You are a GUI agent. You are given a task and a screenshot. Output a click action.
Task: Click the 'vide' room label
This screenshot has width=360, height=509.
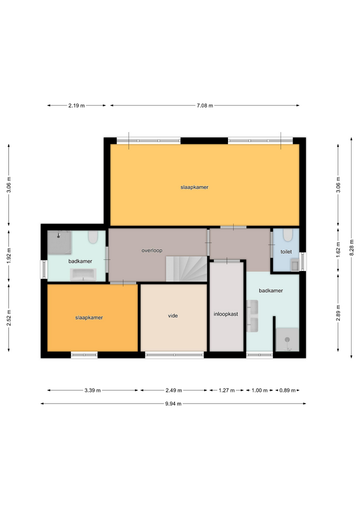pos(173,315)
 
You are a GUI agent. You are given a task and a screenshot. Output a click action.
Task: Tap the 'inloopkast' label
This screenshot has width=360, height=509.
pos(226,314)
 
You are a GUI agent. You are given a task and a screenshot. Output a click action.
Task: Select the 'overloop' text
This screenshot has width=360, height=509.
pos(152,250)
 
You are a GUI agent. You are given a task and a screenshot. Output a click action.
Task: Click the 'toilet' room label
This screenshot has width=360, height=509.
pos(286,251)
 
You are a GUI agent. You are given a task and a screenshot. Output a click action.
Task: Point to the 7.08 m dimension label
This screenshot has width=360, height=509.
pos(205,106)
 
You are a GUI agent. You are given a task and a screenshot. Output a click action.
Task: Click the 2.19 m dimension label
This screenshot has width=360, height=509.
pos(76,106)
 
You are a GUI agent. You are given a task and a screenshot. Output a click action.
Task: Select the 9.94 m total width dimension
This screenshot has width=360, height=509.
pos(173,403)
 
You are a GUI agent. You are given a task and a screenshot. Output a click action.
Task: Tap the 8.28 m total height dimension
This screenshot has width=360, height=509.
pos(351,248)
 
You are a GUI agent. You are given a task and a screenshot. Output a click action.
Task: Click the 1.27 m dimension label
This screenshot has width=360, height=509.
pos(226,390)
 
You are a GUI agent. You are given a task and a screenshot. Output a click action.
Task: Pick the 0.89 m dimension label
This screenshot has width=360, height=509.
pos(287,390)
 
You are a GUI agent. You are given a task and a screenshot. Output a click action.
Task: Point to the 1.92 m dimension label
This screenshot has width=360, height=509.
pos(9,256)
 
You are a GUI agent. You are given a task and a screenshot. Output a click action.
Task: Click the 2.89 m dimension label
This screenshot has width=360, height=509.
pos(338,313)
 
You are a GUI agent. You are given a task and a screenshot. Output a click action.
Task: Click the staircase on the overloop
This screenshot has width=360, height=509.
pos(187,269)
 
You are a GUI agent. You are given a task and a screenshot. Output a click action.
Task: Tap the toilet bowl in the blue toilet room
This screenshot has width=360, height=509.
pos(287,235)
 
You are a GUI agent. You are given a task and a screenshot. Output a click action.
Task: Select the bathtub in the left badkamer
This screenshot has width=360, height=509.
pos(83,274)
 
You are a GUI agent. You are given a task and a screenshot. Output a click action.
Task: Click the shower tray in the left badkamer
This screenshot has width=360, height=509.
pos(59,242)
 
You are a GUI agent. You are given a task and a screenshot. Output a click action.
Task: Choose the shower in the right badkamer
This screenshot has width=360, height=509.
pos(287,339)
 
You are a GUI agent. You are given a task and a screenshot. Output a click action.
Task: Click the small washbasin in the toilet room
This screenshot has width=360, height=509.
pos(295,265)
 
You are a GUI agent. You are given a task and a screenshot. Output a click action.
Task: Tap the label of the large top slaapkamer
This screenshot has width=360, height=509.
pos(195,187)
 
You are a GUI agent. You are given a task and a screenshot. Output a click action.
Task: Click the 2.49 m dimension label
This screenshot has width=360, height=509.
pos(174,390)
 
